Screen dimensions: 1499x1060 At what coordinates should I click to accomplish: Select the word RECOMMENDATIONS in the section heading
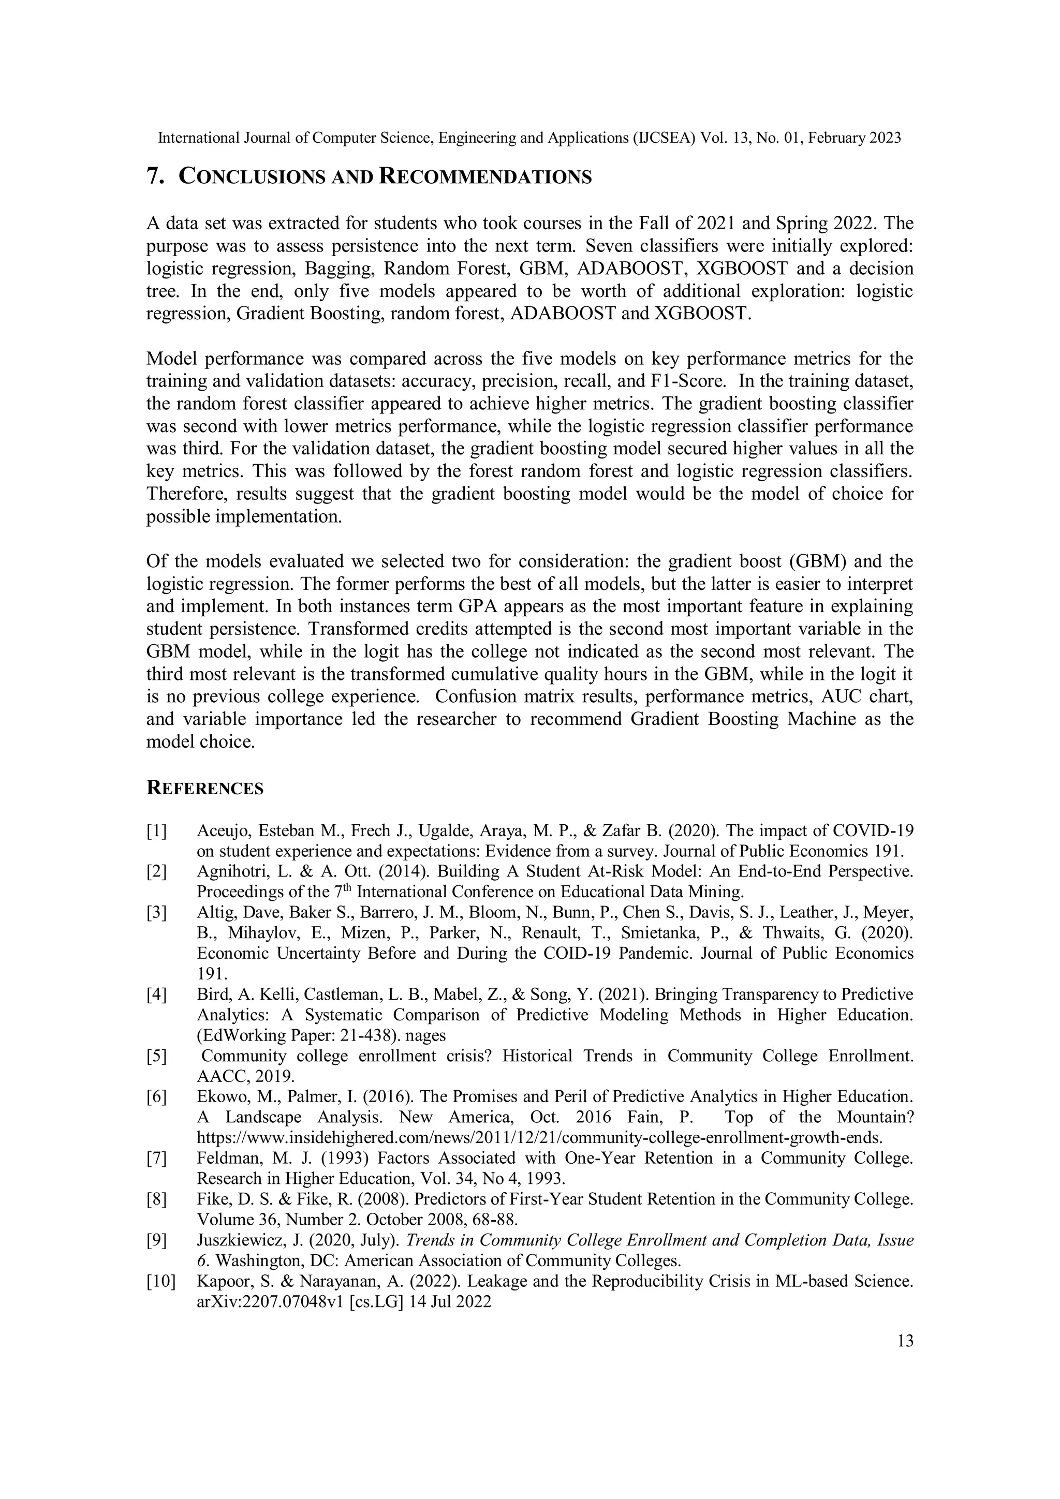click(x=485, y=177)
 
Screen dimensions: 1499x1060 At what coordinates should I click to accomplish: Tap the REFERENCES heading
click(x=205, y=789)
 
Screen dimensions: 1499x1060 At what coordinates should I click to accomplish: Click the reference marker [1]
click(x=157, y=830)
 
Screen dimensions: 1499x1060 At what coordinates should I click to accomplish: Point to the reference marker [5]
click(x=157, y=1056)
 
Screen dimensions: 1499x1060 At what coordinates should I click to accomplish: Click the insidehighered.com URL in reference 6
click(x=539, y=1138)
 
